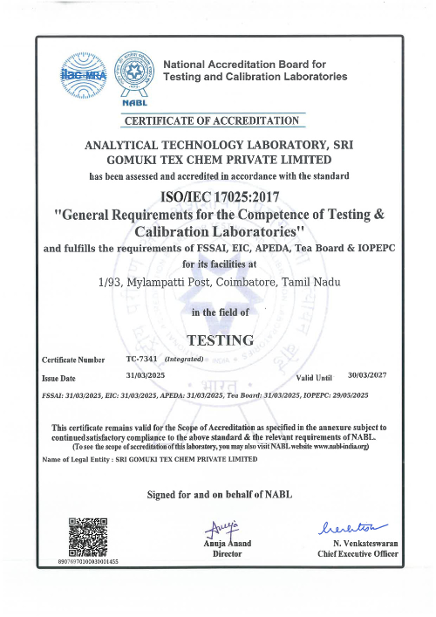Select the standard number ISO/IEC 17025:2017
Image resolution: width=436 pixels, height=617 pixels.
(x=217, y=196)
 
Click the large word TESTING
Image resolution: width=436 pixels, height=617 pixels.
(x=221, y=339)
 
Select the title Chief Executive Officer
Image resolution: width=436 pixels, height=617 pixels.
(x=358, y=554)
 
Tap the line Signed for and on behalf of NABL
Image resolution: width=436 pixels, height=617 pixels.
(x=221, y=496)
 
